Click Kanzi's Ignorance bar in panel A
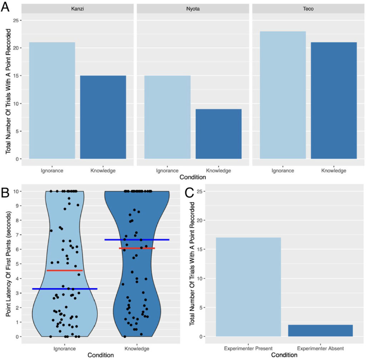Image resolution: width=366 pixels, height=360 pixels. pos(52,100)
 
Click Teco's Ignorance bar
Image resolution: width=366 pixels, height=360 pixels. pos(283,95)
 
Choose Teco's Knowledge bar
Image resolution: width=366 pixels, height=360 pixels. pos(334,100)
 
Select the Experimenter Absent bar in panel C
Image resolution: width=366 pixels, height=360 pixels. pos(320,330)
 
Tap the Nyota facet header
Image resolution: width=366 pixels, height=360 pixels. pos(193,9)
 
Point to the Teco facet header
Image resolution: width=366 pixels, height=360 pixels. pos(308,9)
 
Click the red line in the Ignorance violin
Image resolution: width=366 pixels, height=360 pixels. pos(65,270)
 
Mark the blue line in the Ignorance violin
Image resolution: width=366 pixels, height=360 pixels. pos(65,288)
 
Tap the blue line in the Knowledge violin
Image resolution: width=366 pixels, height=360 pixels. pos(137,239)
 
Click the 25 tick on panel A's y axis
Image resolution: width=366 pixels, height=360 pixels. pos(16,20)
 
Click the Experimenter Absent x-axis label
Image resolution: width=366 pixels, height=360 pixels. pos(320,348)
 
